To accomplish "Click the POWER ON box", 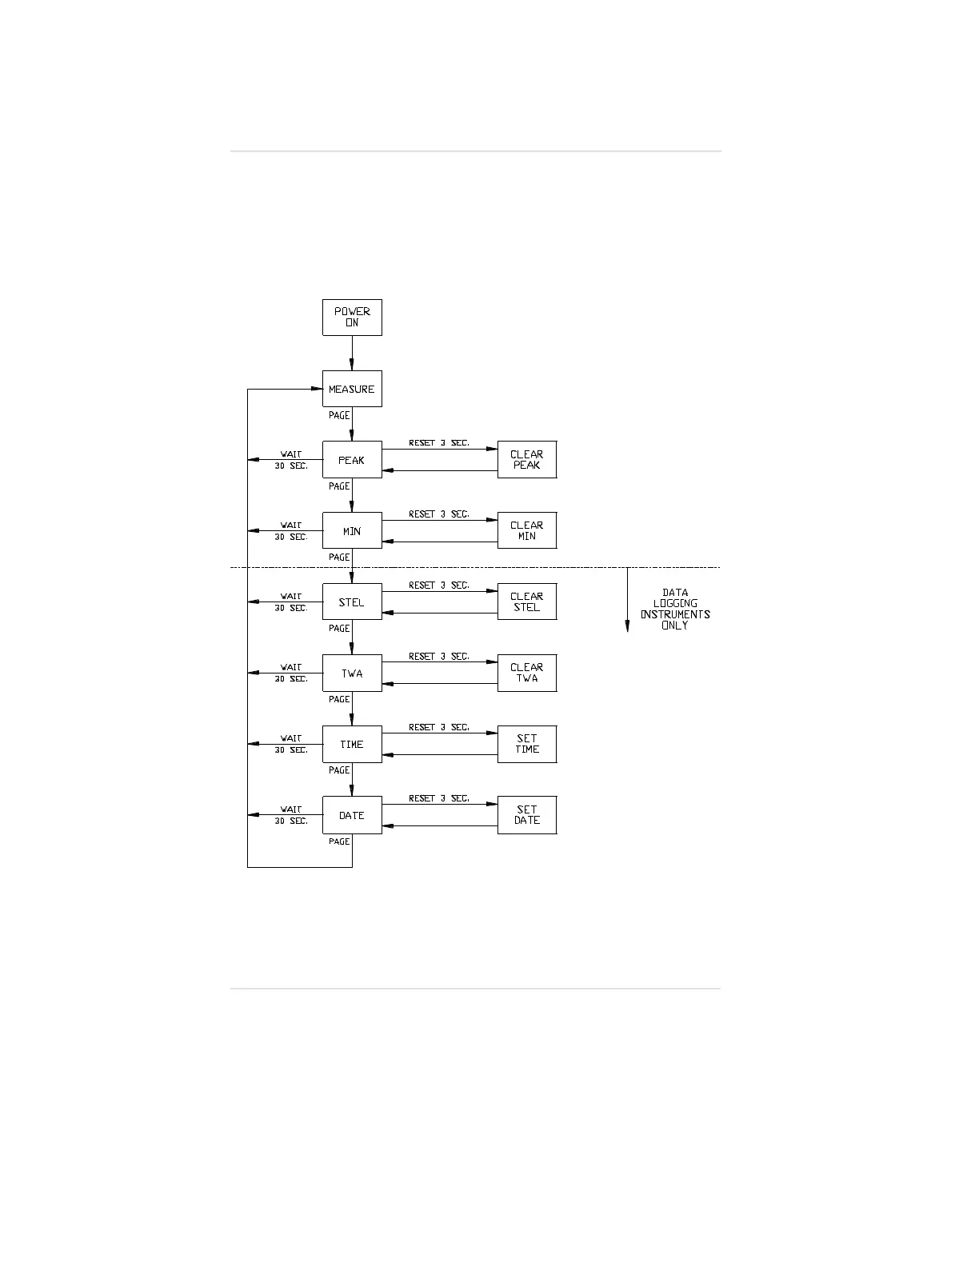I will coord(352,318).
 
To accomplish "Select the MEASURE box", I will coord(352,389).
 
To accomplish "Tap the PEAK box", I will coord(352,460).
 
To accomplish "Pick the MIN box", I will coord(352,531).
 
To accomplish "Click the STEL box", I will coord(352,602).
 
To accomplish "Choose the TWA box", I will coord(352,673).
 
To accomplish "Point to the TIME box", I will coord(352,745).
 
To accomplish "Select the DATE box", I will coord(352,815).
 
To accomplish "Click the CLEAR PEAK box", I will coord(526,460).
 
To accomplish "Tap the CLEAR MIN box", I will coord(526,531).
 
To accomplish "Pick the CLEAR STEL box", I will coord(526,602).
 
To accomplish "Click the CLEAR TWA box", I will coord(526,673).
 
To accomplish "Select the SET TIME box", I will coord(526,745).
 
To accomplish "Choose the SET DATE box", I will coord(526,815).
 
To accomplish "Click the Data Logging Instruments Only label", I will coord(675,610).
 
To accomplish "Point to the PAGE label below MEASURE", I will coord(339,416).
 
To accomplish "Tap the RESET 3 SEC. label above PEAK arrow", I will coord(438,443).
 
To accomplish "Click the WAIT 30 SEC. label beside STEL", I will coord(291,602).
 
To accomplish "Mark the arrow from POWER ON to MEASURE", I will coord(352,353).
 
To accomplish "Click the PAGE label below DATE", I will coord(339,841).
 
